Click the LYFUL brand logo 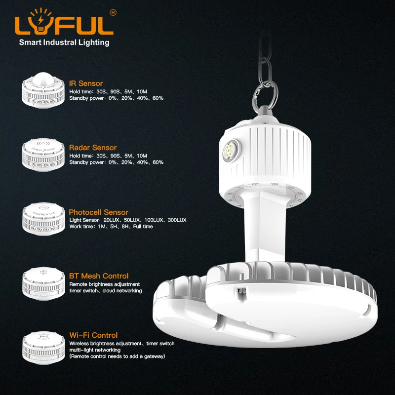coord(64,25)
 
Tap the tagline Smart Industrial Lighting coord(64,42)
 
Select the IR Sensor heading coord(86,83)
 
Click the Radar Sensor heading coord(93,148)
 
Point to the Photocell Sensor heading coord(99,212)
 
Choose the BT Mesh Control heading coord(99,276)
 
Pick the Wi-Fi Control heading coord(93,335)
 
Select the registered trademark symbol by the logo coord(113,13)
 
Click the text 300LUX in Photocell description coord(176,220)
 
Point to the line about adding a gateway coord(117,356)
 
